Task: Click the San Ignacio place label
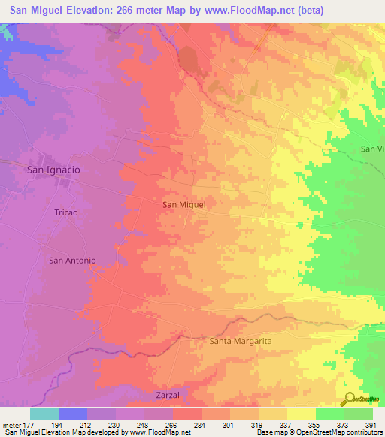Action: (x=53, y=170)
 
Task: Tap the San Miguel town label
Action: (x=184, y=203)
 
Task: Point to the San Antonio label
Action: (x=72, y=261)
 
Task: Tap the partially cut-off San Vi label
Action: (x=372, y=149)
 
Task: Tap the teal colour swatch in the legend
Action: (x=44, y=414)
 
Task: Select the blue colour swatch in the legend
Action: (x=73, y=414)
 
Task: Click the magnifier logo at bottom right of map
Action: (x=350, y=399)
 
